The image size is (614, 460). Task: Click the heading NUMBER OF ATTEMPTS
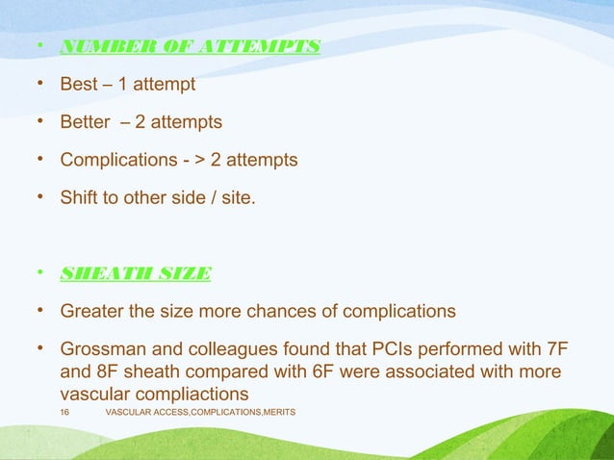pyautogui.click(x=190, y=46)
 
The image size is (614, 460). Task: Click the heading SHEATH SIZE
pyautogui.click(x=135, y=272)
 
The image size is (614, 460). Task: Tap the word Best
pyautogui.click(x=79, y=85)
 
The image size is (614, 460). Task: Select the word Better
pyautogui.click(x=86, y=122)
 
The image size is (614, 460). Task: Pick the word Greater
pyautogui.click(x=92, y=311)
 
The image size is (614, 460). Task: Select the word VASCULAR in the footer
pyautogui.click(x=129, y=412)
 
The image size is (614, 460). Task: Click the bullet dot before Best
pyautogui.click(x=40, y=85)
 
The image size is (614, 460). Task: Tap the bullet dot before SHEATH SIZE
pyautogui.click(x=40, y=272)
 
